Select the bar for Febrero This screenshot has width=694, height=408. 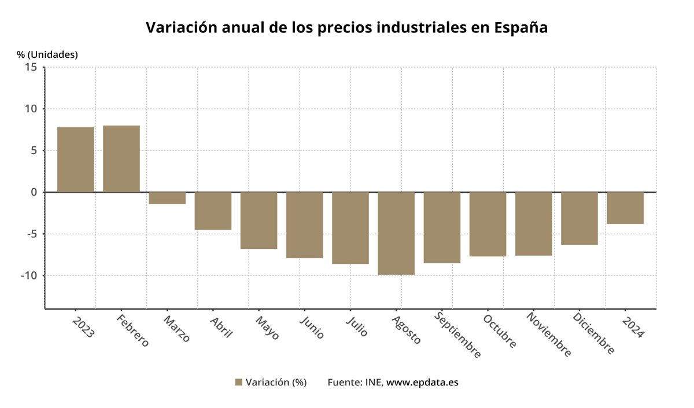121,159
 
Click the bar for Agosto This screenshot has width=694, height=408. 396,233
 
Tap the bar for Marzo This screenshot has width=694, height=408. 167,198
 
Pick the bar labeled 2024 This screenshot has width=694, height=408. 625,208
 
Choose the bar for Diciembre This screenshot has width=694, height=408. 579,218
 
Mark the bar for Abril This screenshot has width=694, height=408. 213,211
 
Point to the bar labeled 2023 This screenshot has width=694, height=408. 76,159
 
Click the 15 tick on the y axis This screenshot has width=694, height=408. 31,67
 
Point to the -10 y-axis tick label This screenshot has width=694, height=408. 29,275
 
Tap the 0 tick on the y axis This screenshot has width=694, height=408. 34,192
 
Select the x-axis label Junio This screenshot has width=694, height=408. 312,327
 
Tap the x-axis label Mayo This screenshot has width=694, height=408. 267,327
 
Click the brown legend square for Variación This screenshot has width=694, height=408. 238,382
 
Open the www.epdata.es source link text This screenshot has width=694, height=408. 422,382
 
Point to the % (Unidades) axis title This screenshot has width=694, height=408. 47,54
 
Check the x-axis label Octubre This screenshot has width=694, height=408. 499,331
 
